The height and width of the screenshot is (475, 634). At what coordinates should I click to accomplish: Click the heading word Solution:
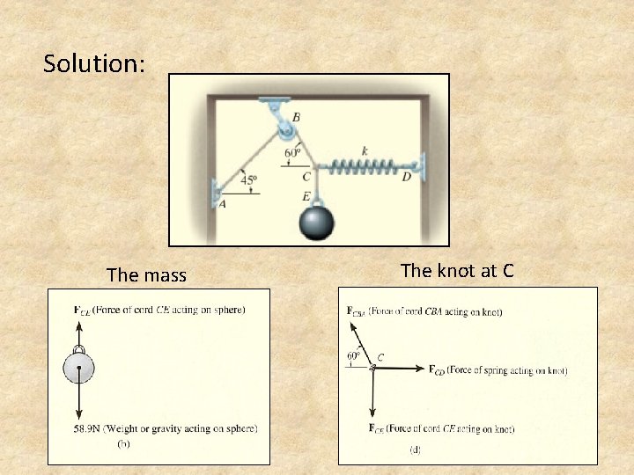click(94, 64)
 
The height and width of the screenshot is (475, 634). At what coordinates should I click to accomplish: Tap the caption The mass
click(146, 275)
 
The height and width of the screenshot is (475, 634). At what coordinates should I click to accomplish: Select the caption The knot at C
click(457, 271)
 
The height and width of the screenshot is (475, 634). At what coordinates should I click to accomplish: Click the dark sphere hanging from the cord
click(316, 222)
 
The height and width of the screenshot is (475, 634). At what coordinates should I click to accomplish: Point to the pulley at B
click(286, 132)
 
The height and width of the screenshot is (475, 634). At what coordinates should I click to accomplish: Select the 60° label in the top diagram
click(293, 153)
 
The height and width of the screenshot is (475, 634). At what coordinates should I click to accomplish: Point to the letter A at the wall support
click(221, 205)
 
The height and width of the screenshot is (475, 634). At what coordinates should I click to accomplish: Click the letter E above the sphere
click(306, 195)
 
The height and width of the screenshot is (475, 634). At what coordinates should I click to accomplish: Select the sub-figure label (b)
click(124, 445)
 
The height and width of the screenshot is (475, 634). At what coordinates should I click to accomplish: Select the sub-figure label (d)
click(415, 449)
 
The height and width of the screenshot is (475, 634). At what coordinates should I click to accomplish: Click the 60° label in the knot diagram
click(353, 356)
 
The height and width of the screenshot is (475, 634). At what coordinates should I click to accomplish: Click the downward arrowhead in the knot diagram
click(373, 413)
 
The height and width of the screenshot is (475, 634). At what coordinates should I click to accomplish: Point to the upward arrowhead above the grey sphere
click(79, 326)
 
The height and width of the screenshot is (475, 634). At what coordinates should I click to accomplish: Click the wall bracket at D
click(422, 165)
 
